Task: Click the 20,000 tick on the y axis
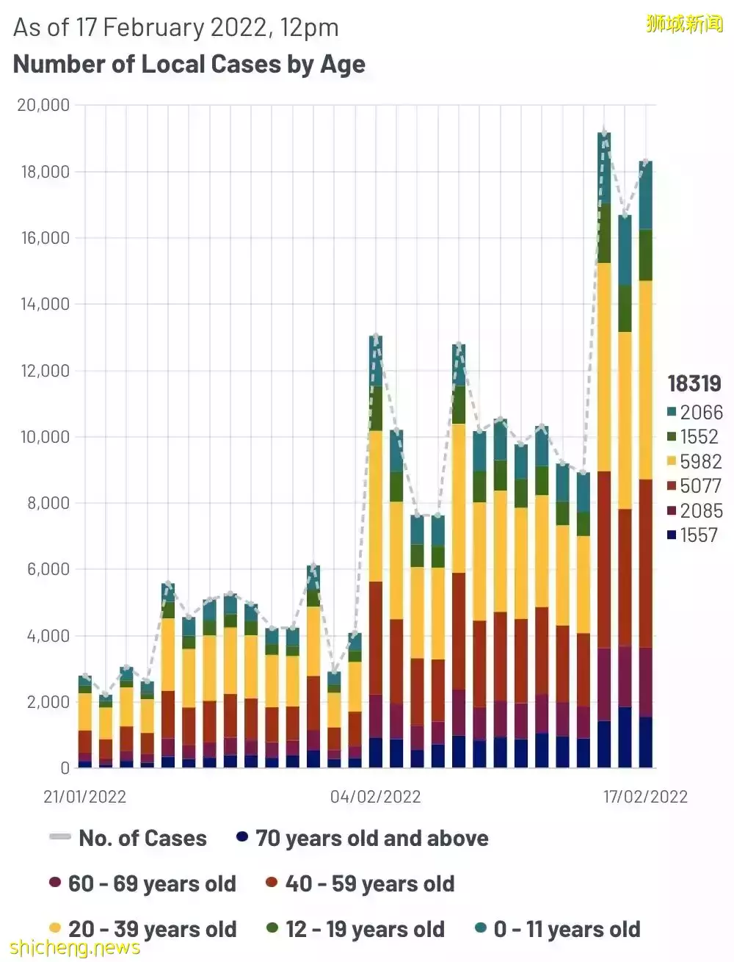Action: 43,105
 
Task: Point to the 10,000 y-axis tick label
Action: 43,437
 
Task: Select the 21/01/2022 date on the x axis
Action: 85,797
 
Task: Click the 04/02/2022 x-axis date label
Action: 375,797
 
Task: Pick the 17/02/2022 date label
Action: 645,797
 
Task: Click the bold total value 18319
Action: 694,383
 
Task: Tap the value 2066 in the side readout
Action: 701,412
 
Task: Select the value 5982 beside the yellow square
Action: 701,461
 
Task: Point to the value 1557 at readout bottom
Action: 698,535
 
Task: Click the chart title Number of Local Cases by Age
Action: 189,65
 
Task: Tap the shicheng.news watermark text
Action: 75,947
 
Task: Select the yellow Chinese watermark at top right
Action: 684,23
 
